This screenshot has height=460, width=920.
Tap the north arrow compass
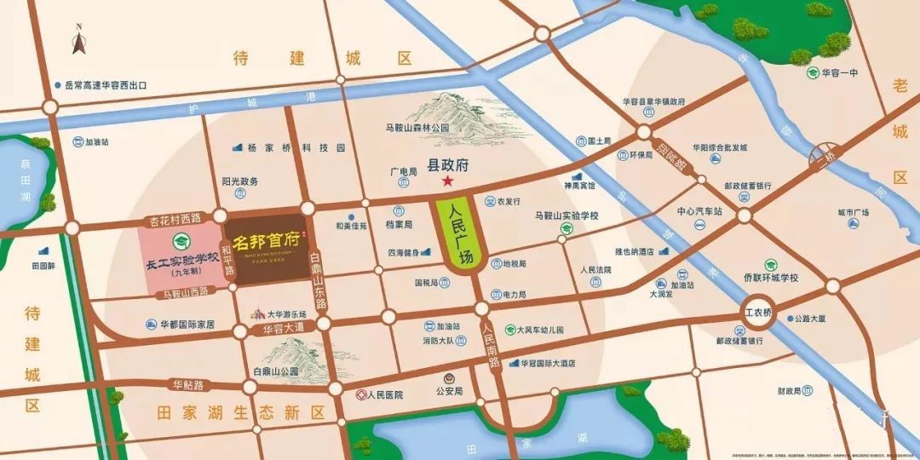click(x=78, y=41)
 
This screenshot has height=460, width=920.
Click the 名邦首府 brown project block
click(x=264, y=245)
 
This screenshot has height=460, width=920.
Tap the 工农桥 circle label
click(x=757, y=313)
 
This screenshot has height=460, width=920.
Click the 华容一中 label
click(x=839, y=73)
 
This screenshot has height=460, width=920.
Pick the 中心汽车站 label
click(x=699, y=210)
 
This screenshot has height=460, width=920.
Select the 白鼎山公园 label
click(x=276, y=371)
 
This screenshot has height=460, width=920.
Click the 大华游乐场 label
click(x=286, y=314)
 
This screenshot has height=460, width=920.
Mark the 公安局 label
click(x=449, y=392)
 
